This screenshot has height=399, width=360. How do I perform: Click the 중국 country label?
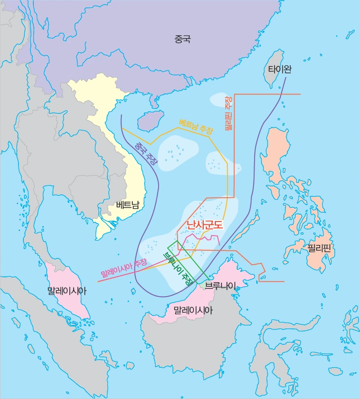pos(182,39)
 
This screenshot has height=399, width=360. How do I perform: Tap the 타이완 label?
pos(279,69)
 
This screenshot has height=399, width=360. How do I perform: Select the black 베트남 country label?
pos(127,204)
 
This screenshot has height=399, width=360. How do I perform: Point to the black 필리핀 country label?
pos(319,247)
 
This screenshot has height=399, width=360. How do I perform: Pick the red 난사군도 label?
pos(205,225)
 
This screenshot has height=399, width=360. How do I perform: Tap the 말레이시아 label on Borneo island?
pos(193,311)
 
